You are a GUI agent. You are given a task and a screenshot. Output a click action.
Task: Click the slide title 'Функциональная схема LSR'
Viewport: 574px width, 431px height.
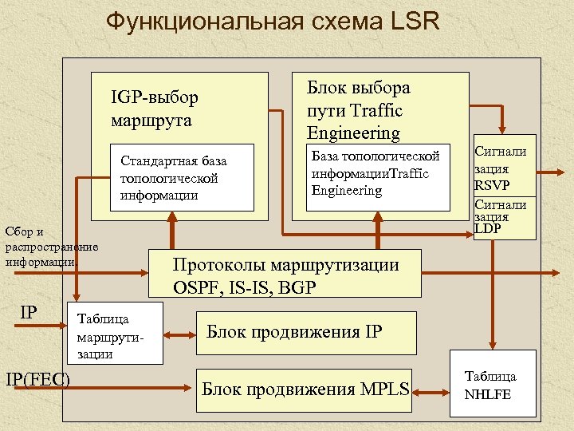click(273, 22)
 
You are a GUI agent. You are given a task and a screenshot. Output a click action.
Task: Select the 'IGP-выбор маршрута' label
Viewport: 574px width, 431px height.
click(155, 109)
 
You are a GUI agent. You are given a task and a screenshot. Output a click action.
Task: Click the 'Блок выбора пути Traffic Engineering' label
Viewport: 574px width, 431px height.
click(358, 110)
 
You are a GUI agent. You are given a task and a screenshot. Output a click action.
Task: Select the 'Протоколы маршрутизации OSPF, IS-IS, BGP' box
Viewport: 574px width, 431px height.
click(285, 275)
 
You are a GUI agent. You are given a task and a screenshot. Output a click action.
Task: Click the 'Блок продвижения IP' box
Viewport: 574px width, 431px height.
click(306, 332)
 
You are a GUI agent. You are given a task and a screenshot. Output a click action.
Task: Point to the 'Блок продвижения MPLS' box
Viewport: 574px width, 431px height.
click(305, 389)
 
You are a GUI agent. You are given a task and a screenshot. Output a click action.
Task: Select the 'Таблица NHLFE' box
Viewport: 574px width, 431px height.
click(493, 384)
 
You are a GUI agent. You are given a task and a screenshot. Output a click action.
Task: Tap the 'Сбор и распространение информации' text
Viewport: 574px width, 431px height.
click(49, 246)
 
